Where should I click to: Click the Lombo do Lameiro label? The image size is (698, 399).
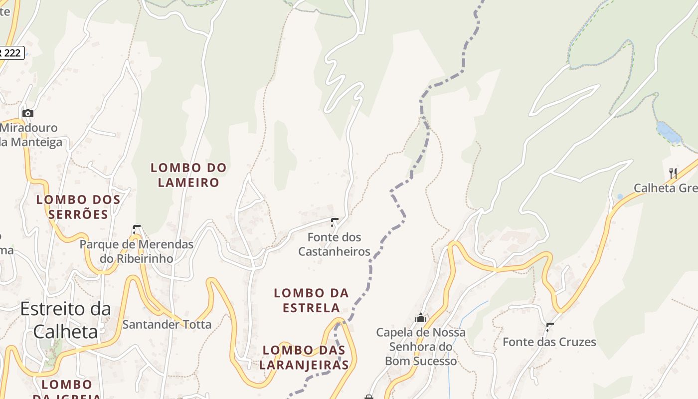[188, 175]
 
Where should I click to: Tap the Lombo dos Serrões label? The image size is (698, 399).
[78, 207]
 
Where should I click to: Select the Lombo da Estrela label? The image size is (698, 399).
[311, 300]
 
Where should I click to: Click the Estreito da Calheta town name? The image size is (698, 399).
[65, 320]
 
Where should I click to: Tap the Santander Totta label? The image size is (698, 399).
[167, 325]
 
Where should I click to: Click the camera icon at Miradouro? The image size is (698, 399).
[28, 113]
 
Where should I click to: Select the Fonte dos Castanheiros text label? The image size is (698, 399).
[334, 244]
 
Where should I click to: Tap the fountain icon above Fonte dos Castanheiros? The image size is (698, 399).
[335, 222]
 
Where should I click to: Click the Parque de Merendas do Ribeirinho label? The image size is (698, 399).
[137, 252]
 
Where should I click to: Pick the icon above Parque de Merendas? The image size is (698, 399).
[137, 229]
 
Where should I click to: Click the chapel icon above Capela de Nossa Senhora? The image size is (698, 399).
[421, 318]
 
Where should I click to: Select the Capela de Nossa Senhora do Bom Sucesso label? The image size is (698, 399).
[421, 347]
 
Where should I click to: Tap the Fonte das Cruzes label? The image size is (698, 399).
[549, 342]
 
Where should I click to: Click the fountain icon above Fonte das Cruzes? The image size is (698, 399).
[550, 327]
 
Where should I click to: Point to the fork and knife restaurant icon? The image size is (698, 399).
[673, 173]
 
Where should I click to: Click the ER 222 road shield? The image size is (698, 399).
[11, 52]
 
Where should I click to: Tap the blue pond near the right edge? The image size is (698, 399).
[668, 132]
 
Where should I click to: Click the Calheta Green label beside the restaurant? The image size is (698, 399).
[666, 188]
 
